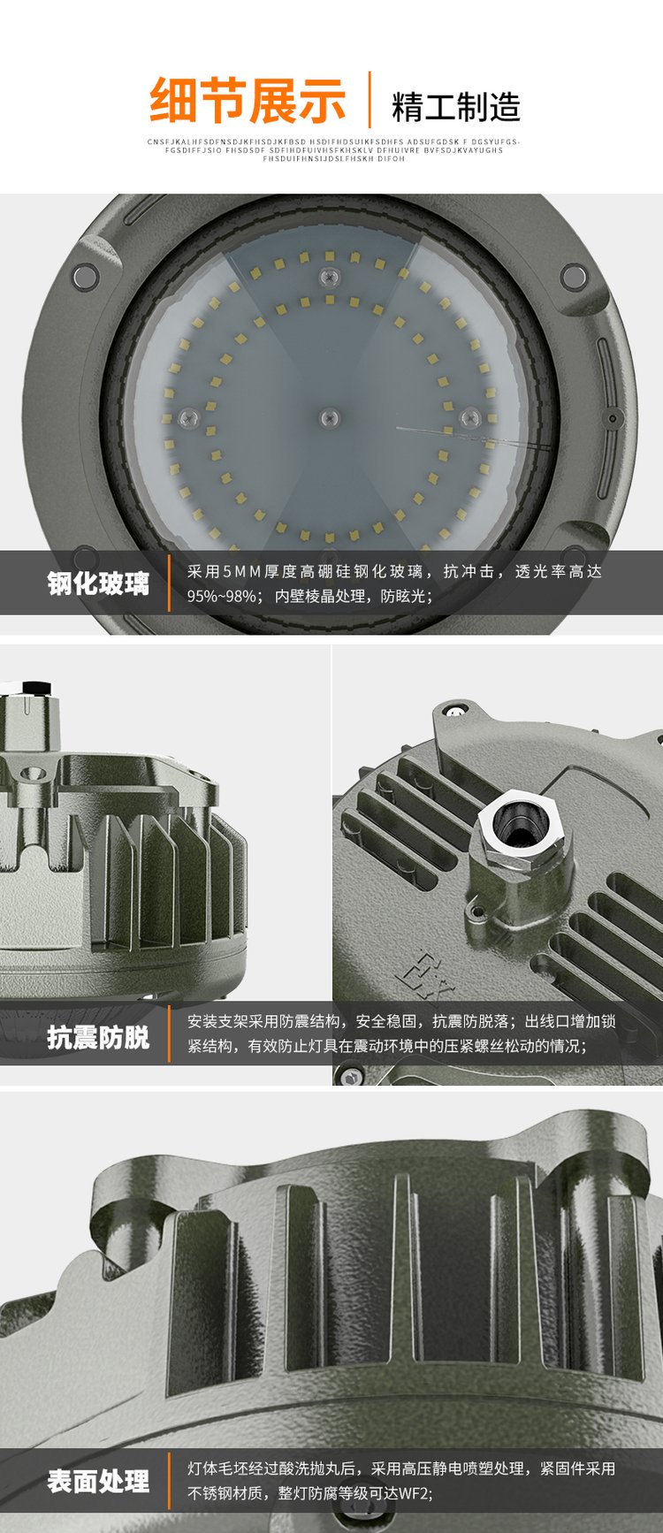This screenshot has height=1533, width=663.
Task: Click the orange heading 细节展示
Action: [248, 101]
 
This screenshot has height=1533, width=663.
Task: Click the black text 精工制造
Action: [455, 107]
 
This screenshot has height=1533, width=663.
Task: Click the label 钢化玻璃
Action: [97, 583]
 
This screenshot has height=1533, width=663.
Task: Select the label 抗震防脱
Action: [97, 1036]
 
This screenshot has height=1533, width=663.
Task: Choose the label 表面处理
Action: [97, 1482]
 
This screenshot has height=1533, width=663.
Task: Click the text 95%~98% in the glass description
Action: [218, 597]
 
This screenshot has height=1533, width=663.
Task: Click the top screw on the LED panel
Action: [330, 278]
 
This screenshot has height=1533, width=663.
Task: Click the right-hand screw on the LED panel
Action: [469, 415]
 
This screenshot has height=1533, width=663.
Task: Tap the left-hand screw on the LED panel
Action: [187, 415]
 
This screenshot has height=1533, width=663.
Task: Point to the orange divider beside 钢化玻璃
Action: [169, 583]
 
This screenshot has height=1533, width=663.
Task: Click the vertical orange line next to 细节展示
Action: [370, 100]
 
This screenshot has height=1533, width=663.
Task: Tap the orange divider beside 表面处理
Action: [169, 1482]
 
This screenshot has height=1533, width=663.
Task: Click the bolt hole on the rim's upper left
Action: [85, 277]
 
